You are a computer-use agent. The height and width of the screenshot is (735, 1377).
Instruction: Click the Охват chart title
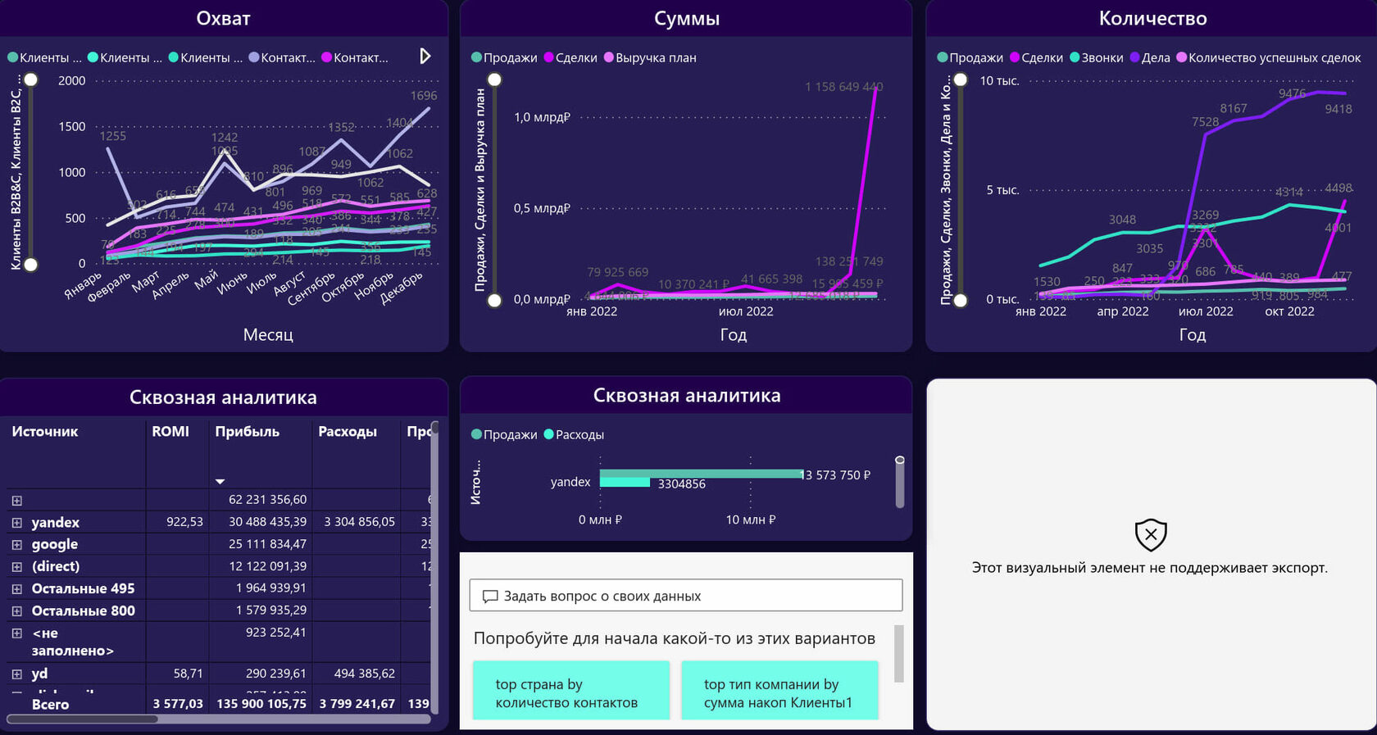tap(223, 18)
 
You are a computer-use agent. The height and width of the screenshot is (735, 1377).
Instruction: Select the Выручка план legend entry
tap(655, 57)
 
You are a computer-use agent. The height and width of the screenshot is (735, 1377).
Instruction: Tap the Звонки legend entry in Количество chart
tap(1102, 57)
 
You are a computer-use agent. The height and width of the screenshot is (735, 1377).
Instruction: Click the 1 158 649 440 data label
tap(843, 87)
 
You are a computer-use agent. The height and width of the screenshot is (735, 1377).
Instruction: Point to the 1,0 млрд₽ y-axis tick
tap(542, 117)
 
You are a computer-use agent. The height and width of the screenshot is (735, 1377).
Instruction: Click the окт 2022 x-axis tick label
tap(1289, 311)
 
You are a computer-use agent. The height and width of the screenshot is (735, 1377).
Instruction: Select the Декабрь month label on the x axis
tap(402, 288)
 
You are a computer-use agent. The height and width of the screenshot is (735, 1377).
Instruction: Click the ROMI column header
tap(170, 431)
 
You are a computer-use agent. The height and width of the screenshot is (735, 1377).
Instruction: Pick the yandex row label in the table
tap(56, 522)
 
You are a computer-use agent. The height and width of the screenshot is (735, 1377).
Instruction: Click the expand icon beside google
tap(16, 544)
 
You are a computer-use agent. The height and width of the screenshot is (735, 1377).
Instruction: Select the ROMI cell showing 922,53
tap(184, 522)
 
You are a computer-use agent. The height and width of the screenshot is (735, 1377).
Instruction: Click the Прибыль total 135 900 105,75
tap(261, 704)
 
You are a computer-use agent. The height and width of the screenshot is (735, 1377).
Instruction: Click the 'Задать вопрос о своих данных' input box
tap(686, 596)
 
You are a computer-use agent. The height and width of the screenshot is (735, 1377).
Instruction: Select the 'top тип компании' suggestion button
tap(779, 693)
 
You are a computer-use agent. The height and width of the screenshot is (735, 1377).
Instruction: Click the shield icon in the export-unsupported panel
tap(1151, 534)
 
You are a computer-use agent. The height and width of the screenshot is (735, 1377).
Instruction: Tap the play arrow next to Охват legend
tap(425, 56)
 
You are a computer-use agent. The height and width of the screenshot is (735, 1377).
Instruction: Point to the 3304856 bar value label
tap(681, 484)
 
